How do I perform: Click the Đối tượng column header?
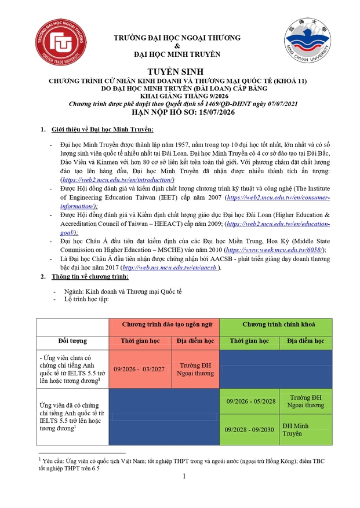[72, 341]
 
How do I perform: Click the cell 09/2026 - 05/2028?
[250, 401]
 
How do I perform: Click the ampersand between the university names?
[177, 46]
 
